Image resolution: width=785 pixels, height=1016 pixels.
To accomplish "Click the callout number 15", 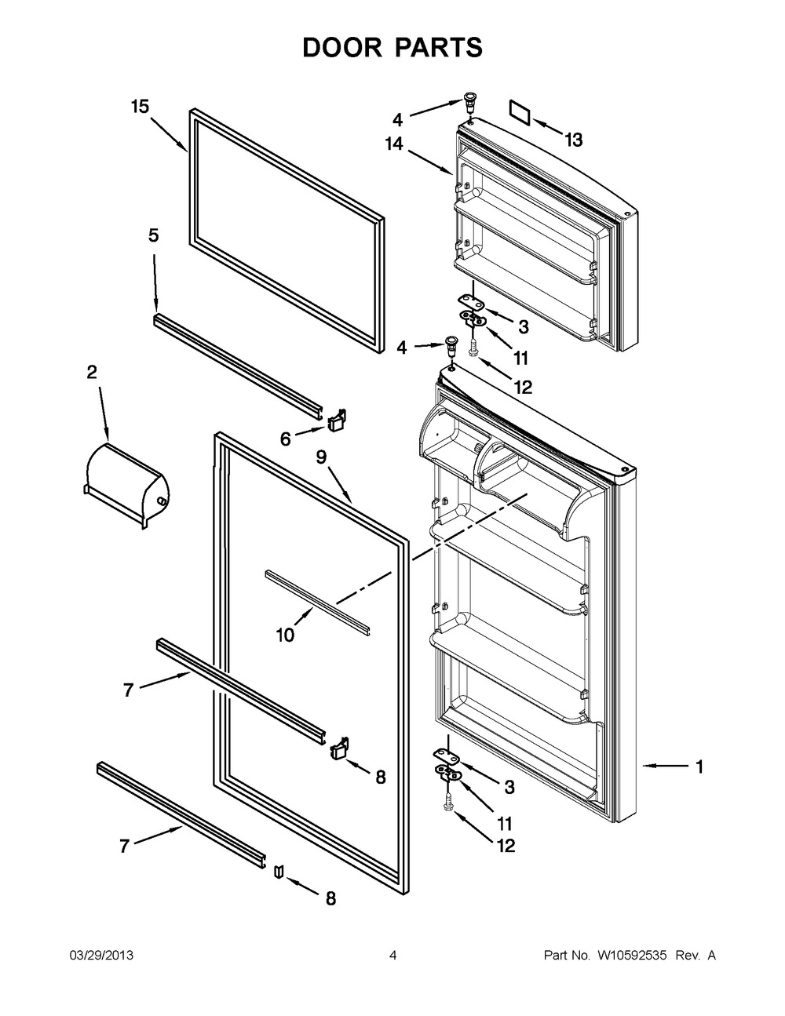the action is (x=140, y=107).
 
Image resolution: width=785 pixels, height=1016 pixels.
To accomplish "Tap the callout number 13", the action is (x=574, y=140).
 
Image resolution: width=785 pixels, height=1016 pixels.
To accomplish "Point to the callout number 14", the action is (x=394, y=144).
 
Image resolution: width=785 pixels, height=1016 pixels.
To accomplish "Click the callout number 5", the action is (x=153, y=235).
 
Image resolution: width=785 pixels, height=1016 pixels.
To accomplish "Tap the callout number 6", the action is (x=285, y=439).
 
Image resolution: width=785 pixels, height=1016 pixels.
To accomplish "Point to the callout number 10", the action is (x=285, y=635).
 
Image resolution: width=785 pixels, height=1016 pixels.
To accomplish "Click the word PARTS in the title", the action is (x=440, y=47).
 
